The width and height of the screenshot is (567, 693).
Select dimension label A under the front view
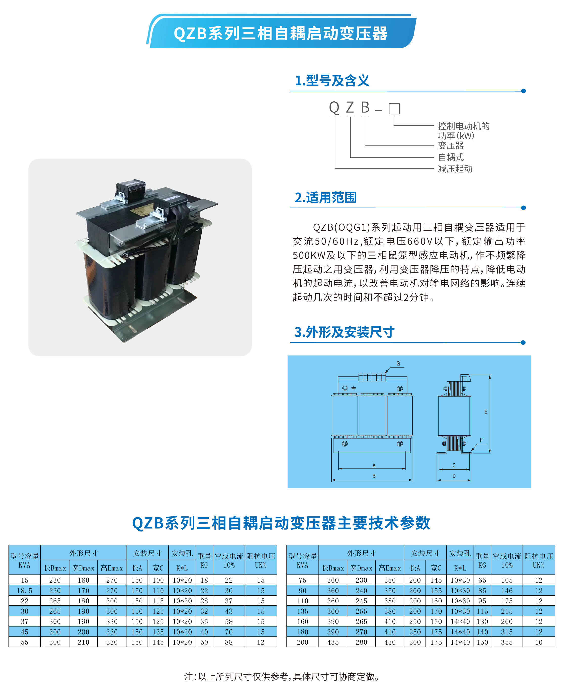[x=374, y=465]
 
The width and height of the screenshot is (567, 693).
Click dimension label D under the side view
[x=454, y=476]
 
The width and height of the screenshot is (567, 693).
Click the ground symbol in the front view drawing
[x=353, y=388]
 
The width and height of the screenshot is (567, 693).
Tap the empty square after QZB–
[x=394, y=109]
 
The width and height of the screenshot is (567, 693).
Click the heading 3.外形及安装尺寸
[x=344, y=332]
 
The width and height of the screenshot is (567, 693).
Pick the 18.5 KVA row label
[x=25, y=591]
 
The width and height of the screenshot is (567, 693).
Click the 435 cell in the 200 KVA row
[x=333, y=642]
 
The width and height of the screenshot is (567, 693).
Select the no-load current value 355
[x=507, y=642]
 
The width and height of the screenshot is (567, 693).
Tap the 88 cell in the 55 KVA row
[x=229, y=642]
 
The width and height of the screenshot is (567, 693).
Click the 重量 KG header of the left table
[x=204, y=560]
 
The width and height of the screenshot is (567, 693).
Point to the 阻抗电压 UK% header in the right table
[x=539, y=560]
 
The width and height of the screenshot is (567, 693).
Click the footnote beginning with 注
[x=282, y=676]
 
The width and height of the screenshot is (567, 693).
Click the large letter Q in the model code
[x=334, y=108]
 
